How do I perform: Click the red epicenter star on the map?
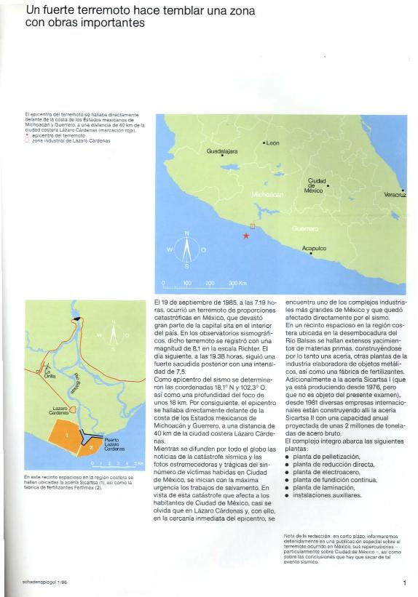pyautogui.click(x=247, y=236)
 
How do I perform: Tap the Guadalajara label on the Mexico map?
pyautogui.click(x=222, y=151)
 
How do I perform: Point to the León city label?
pyautogui.click(x=272, y=143)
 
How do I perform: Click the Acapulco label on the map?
pyautogui.click(x=314, y=248)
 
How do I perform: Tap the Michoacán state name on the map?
pyautogui.click(x=267, y=195)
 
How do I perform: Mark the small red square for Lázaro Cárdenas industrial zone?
pyautogui.click(x=253, y=226)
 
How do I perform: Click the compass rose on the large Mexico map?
pyautogui.click(x=186, y=249)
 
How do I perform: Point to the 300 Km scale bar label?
pyautogui.click(x=237, y=282)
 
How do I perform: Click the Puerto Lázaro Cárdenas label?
pyautogui.click(x=114, y=445)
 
